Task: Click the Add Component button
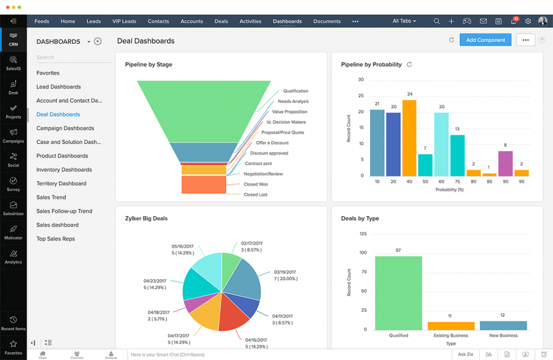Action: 485,40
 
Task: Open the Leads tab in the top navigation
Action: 93,22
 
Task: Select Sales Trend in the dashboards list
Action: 51,198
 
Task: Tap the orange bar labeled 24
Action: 409,138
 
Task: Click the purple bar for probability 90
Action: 505,163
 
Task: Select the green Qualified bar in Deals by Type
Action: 399,293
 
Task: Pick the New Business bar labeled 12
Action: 503,325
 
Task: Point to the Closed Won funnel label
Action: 255,184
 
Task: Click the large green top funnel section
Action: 204,111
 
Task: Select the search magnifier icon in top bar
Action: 436,22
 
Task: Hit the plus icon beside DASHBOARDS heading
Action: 98,42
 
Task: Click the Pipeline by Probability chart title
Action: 371,65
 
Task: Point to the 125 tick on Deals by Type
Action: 362,234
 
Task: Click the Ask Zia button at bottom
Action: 465,354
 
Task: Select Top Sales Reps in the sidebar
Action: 56,239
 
